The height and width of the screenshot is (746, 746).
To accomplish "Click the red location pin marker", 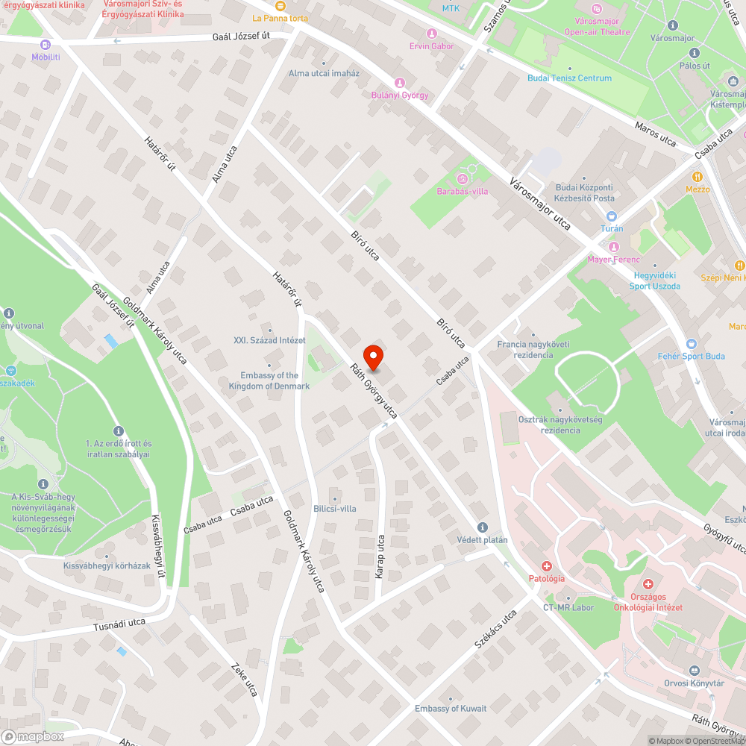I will (x=373, y=357).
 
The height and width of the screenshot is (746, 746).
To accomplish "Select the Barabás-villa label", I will (x=462, y=191).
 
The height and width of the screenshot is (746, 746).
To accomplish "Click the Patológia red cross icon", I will (x=547, y=567).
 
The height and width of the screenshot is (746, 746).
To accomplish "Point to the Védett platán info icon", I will (x=483, y=527).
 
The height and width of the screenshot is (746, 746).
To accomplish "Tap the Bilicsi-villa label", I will (x=334, y=509).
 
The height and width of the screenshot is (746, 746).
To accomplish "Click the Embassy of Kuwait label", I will (x=451, y=709).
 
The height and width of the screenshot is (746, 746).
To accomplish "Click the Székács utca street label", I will (x=496, y=629).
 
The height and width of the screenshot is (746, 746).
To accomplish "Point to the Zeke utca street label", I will (x=244, y=680).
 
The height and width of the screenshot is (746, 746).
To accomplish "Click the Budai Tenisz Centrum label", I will (x=569, y=78).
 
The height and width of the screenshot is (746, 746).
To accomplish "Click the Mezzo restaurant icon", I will (x=698, y=177).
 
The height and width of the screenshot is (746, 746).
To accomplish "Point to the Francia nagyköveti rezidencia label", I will (x=533, y=349).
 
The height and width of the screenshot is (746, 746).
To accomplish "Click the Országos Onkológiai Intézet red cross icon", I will (x=648, y=584).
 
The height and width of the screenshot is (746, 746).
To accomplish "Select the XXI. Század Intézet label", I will (x=269, y=340).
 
